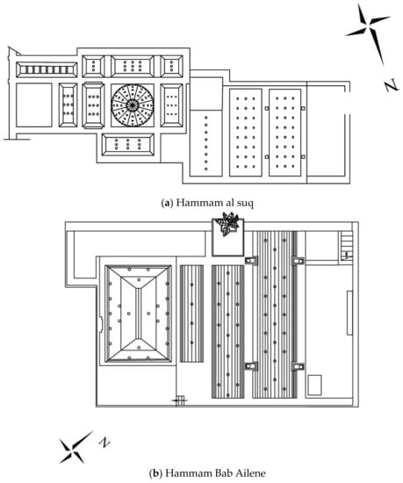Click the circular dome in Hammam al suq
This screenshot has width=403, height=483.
[133, 105]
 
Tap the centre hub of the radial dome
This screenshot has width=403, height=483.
[133, 105]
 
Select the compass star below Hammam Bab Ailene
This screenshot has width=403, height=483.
[75, 448]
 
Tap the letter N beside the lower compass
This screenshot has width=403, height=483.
[104, 442]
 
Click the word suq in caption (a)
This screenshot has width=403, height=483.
[245, 204]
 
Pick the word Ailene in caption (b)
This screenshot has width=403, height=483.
[250, 472]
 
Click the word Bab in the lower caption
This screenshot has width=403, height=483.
[224, 472]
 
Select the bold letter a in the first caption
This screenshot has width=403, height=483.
[167, 204]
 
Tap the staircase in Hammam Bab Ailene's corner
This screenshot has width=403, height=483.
[346, 246]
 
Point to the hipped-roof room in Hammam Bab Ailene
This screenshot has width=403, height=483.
[138, 314]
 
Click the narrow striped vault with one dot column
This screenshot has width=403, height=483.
[191, 314]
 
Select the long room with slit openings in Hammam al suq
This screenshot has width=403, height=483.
[47, 69]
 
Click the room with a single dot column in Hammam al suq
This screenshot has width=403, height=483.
[205, 143]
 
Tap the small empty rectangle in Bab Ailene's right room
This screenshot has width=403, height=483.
[314, 385]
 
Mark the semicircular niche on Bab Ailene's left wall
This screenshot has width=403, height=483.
[101, 324]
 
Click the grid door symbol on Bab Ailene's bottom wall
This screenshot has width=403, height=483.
[180, 400]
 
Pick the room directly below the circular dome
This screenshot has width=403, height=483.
[128, 145]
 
